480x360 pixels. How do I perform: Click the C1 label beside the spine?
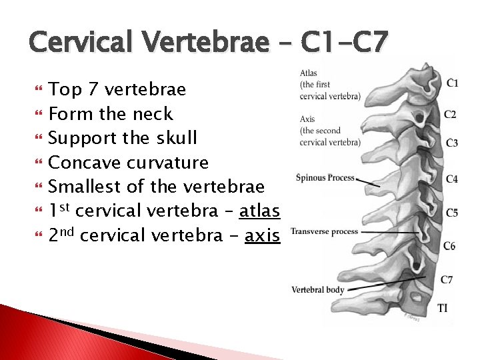pos(452,84)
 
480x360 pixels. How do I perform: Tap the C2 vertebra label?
pos(451,115)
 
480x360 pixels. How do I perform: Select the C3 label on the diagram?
pos(451,143)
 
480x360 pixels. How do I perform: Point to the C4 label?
pos(451,179)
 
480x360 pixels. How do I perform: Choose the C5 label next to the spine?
pos(451,213)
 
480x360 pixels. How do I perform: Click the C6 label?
pos(449,246)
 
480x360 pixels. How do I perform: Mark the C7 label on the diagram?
pos(446,279)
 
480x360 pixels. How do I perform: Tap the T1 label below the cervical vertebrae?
pos(443,307)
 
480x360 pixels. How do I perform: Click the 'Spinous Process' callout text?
pos(325,177)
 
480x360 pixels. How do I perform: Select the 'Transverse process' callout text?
pos(324,231)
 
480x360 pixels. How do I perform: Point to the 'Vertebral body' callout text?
pos(317,289)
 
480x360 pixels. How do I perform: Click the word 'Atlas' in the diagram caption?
pos(309,73)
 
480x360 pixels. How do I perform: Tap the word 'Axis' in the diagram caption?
pos(307,119)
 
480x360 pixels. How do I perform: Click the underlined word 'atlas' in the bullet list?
pos(259,211)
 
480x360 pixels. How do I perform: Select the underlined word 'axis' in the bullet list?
pos(262,236)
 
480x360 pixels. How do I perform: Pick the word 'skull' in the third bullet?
pos(175,138)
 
